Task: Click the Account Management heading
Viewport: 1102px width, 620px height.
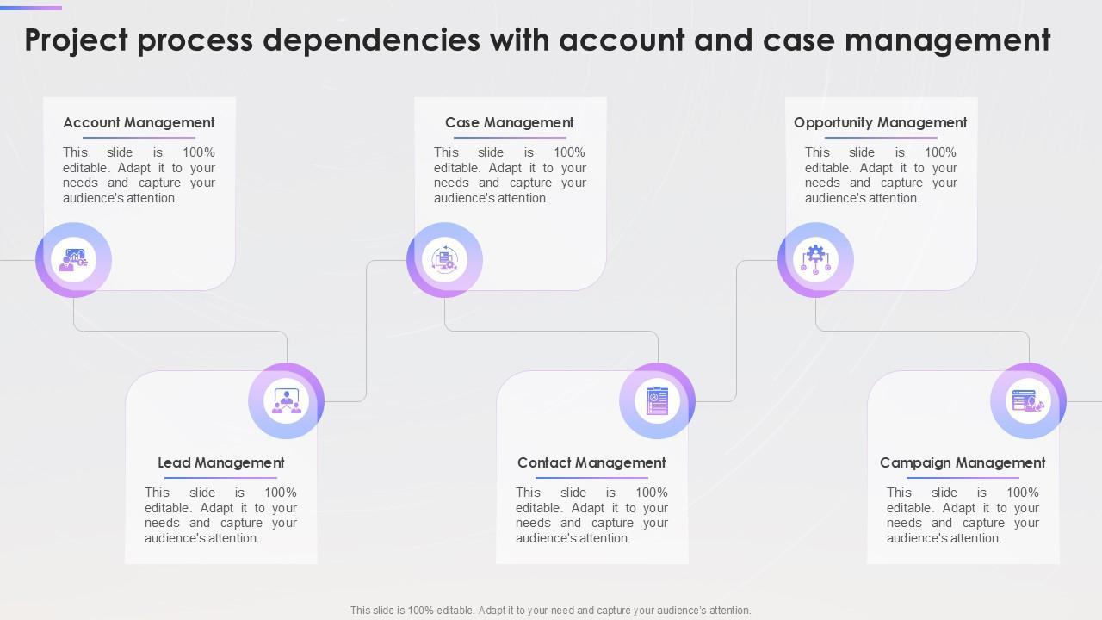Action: tap(139, 122)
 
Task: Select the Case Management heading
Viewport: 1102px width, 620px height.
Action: tap(509, 122)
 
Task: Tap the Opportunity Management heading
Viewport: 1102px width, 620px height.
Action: tap(880, 122)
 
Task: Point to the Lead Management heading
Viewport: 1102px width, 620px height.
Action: tap(220, 462)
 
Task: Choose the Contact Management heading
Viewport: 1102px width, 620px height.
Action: tap(591, 462)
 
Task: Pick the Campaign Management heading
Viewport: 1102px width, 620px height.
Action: tap(963, 462)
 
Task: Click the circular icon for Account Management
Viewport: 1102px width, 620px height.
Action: tap(73, 259)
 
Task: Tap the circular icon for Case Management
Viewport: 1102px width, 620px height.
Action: tap(444, 259)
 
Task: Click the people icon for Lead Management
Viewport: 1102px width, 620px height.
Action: tap(286, 400)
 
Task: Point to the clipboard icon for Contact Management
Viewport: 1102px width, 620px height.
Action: tap(657, 400)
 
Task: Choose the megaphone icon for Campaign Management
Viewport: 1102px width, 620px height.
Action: tap(1028, 400)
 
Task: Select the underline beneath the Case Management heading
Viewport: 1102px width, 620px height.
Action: tap(510, 138)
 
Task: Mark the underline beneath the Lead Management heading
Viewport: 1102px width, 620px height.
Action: tap(220, 478)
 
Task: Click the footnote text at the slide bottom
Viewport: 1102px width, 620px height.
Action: tap(550, 610)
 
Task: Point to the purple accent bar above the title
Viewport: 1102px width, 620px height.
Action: tap(31, 8)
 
